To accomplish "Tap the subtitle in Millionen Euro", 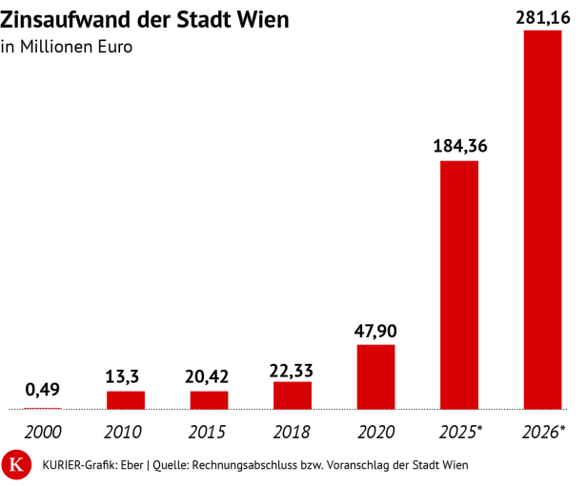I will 67,47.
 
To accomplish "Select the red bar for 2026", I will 542,220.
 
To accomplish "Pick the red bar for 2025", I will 459,285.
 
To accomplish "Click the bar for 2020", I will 375,376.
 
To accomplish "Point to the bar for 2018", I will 293,395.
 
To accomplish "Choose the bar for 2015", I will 209,399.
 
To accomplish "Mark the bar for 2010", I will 125,399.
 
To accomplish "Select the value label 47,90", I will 375,331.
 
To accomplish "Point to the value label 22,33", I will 292,369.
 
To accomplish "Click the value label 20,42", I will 209,375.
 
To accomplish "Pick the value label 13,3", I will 125,376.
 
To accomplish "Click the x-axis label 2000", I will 42,431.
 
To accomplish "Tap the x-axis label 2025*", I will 460,431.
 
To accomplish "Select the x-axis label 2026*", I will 544,431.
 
